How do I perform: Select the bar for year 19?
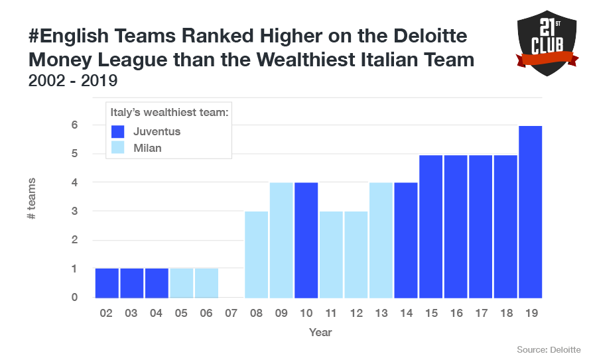531,212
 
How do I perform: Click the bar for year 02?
107,283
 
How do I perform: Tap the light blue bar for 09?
281,240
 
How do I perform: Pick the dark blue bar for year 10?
306,240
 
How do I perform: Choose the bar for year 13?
381,240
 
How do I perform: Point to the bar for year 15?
431,226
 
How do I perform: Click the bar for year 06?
206,283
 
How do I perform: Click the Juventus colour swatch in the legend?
117,131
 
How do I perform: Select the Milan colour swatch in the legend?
117,148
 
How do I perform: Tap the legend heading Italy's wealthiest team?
169,113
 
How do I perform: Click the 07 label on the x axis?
231,312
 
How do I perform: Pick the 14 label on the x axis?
406,312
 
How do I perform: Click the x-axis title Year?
320,331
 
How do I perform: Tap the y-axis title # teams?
32,199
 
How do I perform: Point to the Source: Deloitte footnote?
549,349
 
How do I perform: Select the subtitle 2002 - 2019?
73,81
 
